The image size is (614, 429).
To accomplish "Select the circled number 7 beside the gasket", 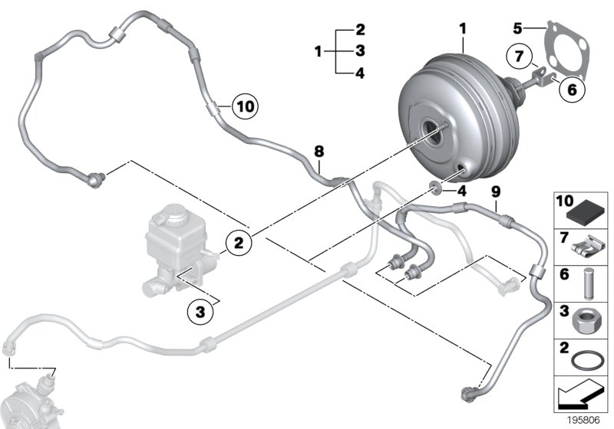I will pos(520,57).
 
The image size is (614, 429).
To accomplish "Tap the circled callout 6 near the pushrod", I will pos(569,90).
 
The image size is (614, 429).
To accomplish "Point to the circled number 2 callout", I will pos(239,244).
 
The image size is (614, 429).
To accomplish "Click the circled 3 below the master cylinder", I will pos(200,311).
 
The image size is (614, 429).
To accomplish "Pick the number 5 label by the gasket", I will pos(519,28).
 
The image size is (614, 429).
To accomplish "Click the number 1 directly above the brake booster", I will pos(463,28).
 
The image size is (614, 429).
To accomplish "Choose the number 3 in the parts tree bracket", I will pos(360,52).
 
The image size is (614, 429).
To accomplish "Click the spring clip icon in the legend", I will pos(588,247).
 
